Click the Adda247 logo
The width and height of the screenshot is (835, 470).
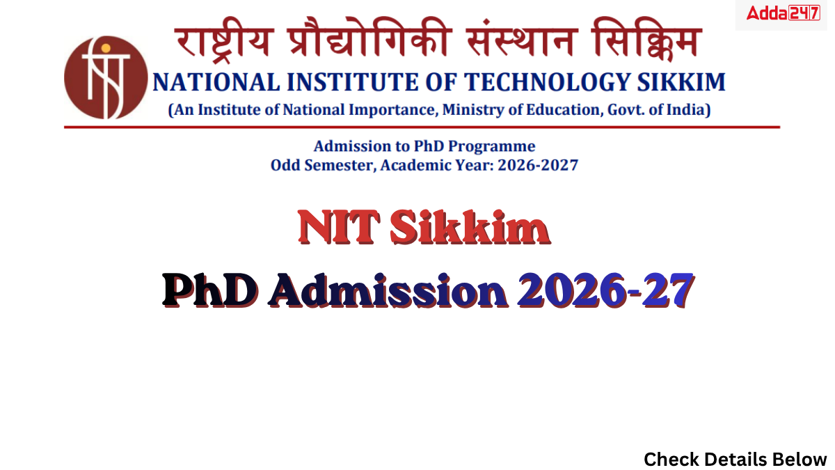[783, 13]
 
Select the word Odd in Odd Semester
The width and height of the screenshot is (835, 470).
[285, 166]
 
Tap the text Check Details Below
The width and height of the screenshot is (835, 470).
[735, 459]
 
